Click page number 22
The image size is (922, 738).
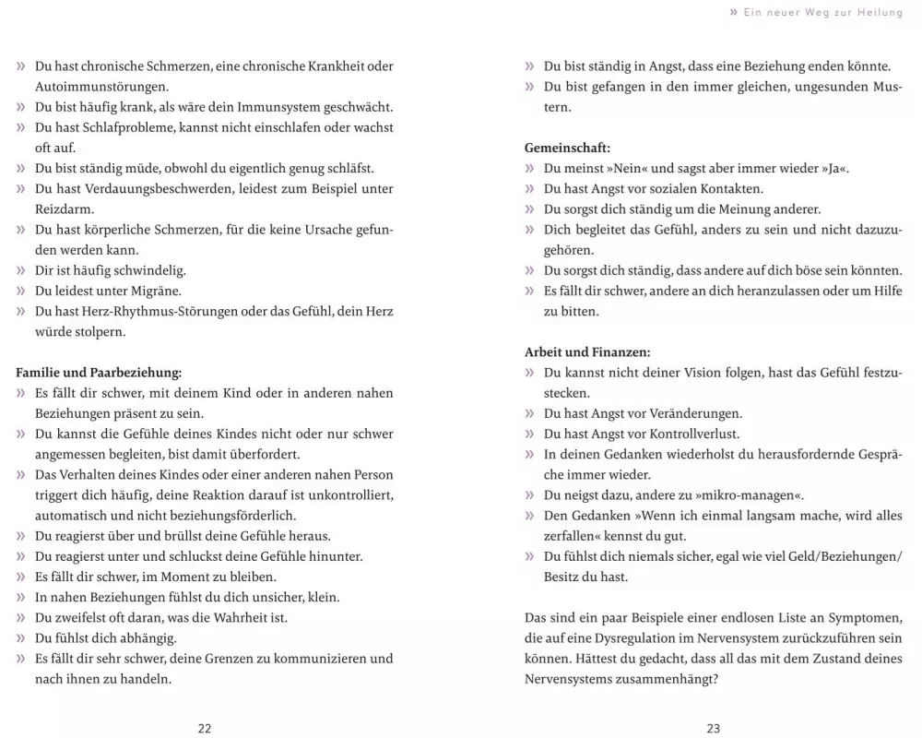pos(205,728)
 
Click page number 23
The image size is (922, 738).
pos(714,728)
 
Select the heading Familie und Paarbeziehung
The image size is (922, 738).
pos(100,373)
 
